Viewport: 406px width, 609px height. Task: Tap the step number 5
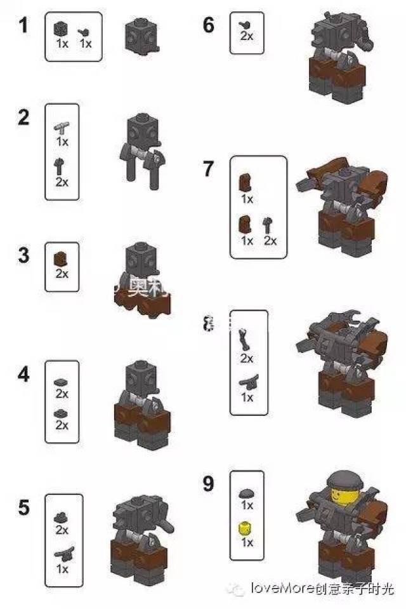23,507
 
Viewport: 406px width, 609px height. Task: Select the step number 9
208,483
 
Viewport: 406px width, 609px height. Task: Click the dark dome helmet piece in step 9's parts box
247,493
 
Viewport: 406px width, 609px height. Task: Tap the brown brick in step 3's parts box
62,258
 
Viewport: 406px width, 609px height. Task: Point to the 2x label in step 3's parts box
62,273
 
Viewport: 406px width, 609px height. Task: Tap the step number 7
208,170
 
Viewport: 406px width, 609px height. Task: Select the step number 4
23,375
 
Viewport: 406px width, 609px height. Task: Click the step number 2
23,117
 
